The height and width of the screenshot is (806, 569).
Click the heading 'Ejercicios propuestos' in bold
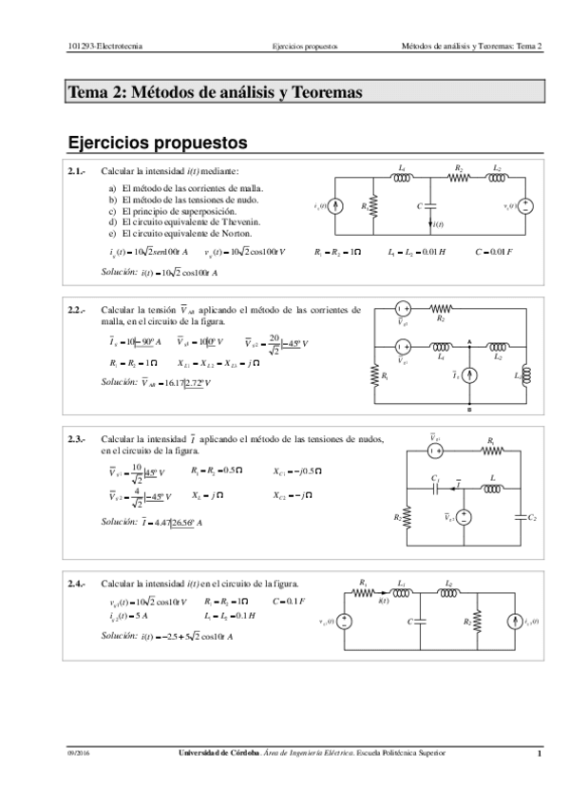[158, 144]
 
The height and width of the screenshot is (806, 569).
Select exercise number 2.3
[77, 440]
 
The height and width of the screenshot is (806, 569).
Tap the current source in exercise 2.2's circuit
[469, 376]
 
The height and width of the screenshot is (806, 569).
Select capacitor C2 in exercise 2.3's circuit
[521, 517]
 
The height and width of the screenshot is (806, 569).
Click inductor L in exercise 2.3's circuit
[492, 489]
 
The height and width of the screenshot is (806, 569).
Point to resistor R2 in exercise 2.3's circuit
[408, 517]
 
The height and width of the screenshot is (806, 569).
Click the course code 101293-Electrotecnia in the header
[106, 45]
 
